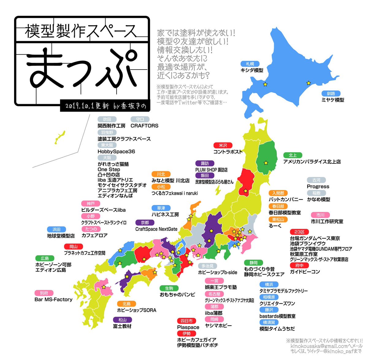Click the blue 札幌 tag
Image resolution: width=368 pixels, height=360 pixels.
pyautogui.click(x=250, y=64)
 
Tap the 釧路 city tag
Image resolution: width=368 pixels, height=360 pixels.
pyautogui.click(x=331, y=93)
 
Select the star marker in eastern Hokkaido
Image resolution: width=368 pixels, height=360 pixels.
pyautogui.click(x=309, y=83)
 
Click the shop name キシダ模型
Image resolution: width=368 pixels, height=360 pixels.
pyautogui.click(x=252, y=70)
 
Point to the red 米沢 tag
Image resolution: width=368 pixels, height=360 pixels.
pyautogui.click(x=223, y=145)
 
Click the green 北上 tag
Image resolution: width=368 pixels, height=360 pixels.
pyautogui.click(x=293, y=155)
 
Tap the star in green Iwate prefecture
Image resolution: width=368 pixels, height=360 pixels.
pyautogui.click(x=266, y=163)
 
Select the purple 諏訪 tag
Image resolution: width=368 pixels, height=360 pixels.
pyautogui.click(x=205, y=163)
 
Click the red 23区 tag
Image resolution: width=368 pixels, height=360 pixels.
pyautogui.click(x=299, y=232)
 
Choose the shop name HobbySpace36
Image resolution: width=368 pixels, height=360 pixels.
pyautogui.click(x=116, y=151)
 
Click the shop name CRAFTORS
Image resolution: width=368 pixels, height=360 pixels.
pyautogui.click(x=144, y=126)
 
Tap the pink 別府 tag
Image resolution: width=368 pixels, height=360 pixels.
pyautogui.click(x=44, y=293)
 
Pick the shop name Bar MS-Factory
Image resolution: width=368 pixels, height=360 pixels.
pyautogui.click(x=53, y=299)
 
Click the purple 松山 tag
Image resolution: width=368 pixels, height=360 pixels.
pyautogui.click(x=122, y=320)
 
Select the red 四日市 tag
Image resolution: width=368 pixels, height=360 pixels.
pyautogui.click(x=186, y=321)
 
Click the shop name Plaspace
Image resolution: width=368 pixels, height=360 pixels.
pyautogui.click(x=188, y=327)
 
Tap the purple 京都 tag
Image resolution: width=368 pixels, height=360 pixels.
pyautogui.click(x=145, y=223)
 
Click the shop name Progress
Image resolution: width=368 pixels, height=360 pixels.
pyautogui.click(x=318, y=186)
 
